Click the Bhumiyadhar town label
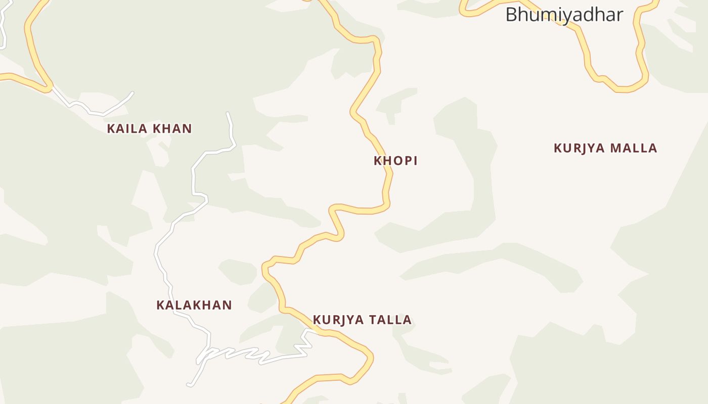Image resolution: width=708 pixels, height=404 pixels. [564, 15]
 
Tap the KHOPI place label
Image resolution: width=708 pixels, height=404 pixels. [395, 161]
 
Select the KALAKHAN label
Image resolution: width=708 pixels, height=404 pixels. [194, 305]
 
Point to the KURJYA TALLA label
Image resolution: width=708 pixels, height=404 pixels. [362, 320]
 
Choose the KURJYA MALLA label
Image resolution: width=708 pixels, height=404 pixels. [605, 148]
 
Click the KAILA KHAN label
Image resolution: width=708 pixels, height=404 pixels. [149, 129]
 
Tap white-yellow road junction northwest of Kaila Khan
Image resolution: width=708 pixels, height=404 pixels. [51, 88]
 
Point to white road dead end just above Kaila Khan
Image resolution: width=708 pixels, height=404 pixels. [132, 93]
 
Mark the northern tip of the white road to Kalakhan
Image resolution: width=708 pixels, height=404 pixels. [228, 113]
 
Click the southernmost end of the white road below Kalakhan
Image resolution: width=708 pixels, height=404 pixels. [189, 385]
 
